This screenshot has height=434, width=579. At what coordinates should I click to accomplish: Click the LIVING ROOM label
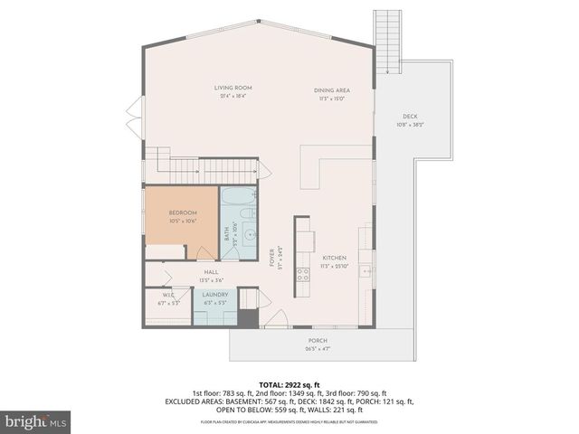pos(231,88)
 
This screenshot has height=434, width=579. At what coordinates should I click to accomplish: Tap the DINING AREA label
pos(331,90)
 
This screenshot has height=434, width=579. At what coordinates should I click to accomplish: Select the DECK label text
pos(410,116)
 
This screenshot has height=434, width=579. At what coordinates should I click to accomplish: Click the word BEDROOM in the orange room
pos(182,212)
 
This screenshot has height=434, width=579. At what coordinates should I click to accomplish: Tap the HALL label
pos(211,271)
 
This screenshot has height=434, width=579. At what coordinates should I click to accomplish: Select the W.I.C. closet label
pos(168,295)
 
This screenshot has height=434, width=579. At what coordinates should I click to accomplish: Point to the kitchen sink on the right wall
pos(366,269)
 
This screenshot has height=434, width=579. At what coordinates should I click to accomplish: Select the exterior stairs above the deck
pos(387,41)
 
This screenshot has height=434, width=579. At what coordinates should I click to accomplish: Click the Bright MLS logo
pos(36,421)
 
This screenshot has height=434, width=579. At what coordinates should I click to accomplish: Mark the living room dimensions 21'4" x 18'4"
pos(231,95)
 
